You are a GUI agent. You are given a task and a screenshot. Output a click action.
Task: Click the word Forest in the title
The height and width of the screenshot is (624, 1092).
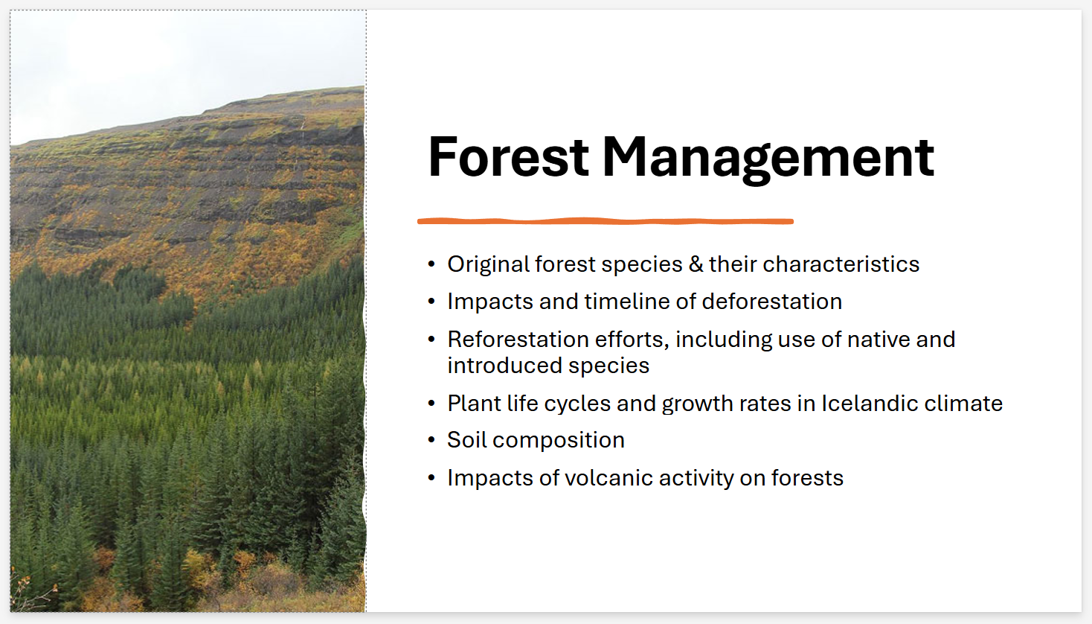pos(508,158)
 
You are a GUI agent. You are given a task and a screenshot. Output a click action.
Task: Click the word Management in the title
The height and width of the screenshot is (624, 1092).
pos(767,158)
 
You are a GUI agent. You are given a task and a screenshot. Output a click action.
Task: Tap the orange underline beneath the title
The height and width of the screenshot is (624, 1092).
pos(605,221)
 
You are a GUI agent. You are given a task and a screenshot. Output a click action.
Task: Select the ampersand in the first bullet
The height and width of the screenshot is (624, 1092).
pos(696,264)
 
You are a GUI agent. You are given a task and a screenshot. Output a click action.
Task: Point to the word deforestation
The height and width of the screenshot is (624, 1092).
pos(771,302)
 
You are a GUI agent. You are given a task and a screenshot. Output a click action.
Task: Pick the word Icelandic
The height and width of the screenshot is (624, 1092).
pos(868,404)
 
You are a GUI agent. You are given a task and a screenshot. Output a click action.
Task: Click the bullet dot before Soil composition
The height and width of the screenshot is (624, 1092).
pos(431,441)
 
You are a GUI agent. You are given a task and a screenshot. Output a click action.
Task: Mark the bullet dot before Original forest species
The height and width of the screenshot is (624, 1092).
pos(431,265)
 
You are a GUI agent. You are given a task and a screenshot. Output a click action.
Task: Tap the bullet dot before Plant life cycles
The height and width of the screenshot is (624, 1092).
pos(431,404)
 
